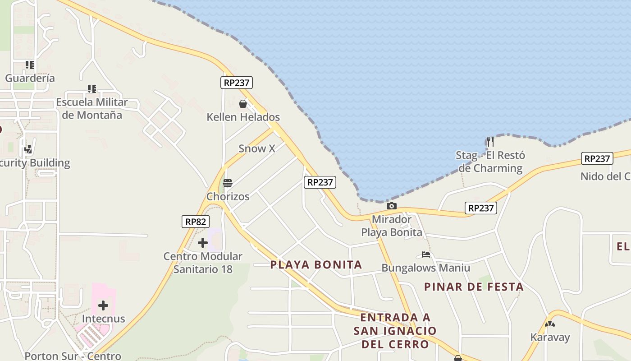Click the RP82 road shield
click(x=196, y=222)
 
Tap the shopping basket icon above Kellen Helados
click(x=243, y=104)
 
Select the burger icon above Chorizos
click(x=228, y=183)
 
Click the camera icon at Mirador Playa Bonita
click(x=392, y=206)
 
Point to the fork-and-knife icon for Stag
click(x=490, y=142)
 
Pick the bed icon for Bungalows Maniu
click(x=426, y=255)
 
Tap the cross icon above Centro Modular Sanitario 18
click(x=203, y=243)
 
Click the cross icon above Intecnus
click(x=103, y=305)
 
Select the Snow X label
click(x=256, y=148)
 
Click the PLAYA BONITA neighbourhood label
click(x=316, y=265)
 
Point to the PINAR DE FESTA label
click(x=474, y=287)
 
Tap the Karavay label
click(x=550, y=337)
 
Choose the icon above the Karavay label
click(x=549, y=324)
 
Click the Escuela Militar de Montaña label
click(x=92, y=108)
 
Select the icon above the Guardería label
click(x=30, y=65)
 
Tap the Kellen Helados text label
click(x=243, y=117)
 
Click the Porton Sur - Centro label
click(x=73, y=356)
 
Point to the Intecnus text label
click(x=103, y=319)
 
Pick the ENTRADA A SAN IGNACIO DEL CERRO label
click(x=395, y=331)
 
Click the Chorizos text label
click(x=228, y=196)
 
